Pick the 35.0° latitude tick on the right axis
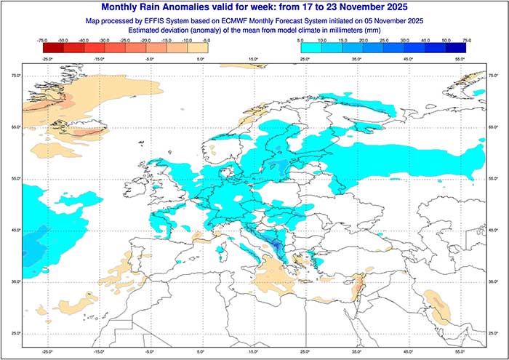(x=494, y=281)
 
